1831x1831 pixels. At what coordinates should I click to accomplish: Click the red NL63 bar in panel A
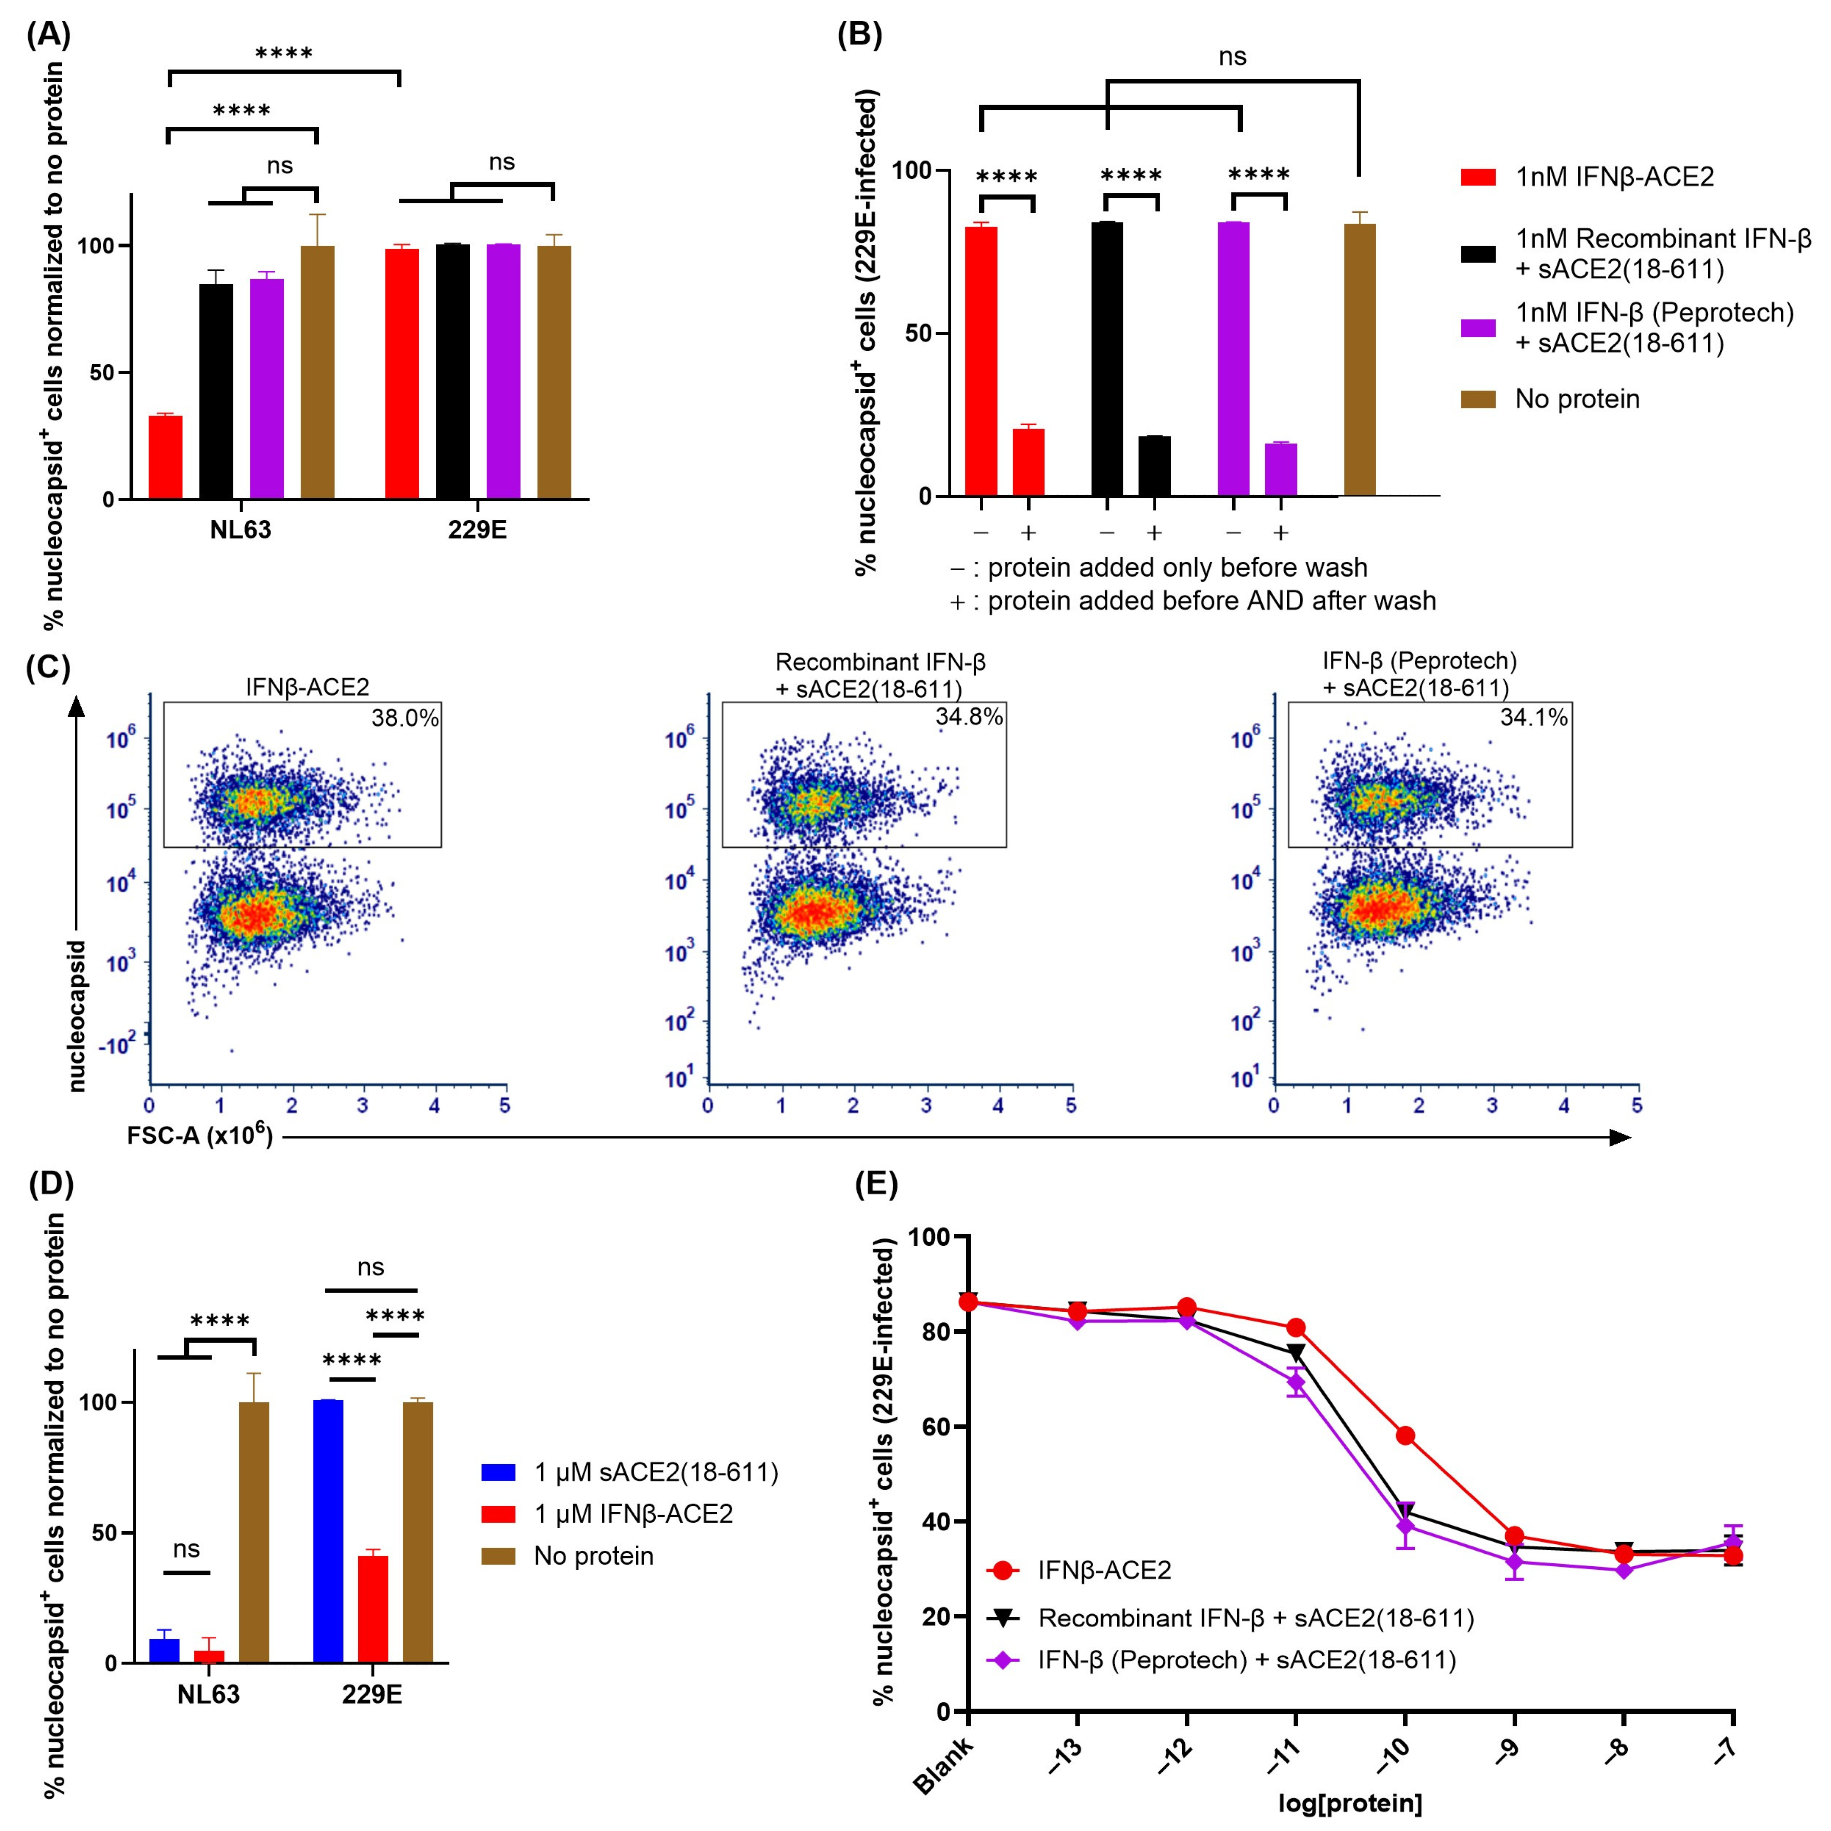tap(166, 457)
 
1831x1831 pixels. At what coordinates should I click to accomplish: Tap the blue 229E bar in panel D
tap(328, 1530)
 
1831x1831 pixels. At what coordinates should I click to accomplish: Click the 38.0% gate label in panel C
tap(405, 718)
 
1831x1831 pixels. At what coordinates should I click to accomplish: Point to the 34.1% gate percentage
tap(1533, 718)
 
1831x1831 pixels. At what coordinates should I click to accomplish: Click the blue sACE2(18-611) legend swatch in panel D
tap(498, 1472)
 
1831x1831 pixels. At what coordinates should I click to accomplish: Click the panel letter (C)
tap(48, 667)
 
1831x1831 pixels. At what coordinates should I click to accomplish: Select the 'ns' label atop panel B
tap(1232, 57)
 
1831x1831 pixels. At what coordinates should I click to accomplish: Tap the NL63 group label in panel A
tap(241, 530)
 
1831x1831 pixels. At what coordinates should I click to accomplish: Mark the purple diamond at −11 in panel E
tap(1295, 1383)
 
